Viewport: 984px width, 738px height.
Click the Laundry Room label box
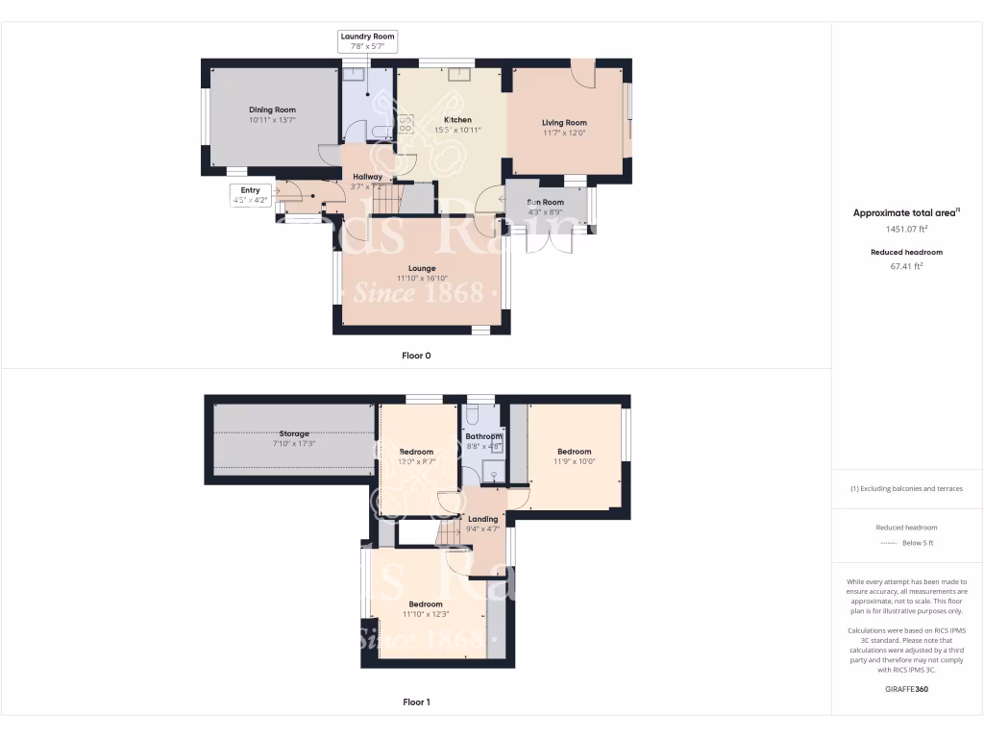[367, 40]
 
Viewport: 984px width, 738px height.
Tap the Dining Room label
[272, 111]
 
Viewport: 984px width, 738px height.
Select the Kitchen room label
[457, 120]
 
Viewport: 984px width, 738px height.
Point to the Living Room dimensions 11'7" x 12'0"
[564, 133]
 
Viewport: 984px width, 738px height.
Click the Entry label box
[250, 195]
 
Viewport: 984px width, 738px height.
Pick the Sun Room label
[545, 202]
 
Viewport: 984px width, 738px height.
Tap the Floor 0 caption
[416, 356]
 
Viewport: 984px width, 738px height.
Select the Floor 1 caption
[416, 702]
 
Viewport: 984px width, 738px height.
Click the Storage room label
[294, 434]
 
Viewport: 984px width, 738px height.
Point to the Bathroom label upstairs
[483, 436]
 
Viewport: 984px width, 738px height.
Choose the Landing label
[482, 519]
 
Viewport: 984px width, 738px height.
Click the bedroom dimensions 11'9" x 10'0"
[574, 461]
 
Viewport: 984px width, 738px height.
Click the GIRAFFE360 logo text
[906, 689]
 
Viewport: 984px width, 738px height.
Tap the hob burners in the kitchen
[406, 123]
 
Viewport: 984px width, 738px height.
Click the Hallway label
[368, 177]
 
